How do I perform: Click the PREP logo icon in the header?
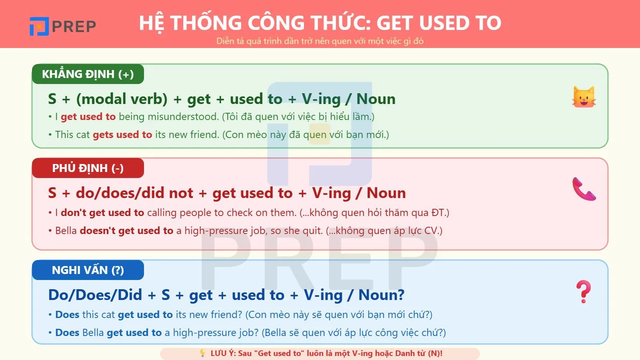pos(39,26)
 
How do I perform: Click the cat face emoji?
pos(584,97)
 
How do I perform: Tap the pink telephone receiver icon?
pos(584,189)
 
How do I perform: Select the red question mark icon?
pos(584,292)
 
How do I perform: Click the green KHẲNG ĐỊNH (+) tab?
pos(88,74)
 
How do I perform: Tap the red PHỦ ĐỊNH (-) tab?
pos(88,168)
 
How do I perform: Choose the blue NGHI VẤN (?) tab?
pos(88,270)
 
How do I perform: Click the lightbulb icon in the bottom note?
pos(203,353)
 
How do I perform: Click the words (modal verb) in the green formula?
pos(122,99)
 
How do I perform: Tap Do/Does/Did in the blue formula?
pos(95,295)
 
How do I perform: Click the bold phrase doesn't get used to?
pos(126,230)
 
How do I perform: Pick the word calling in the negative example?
pos(162,212)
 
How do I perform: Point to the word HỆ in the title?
pos(152,23)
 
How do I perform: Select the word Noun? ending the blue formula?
pos(381,295)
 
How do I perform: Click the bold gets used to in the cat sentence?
pos(122,135)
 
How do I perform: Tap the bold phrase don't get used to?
pos(102,212)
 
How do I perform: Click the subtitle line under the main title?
pos(320,41)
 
